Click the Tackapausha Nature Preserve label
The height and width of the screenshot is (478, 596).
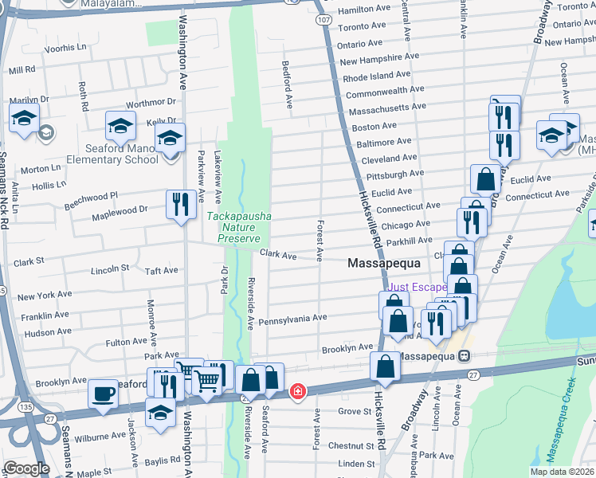[233, 227]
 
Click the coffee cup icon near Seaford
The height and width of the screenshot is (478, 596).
[103, 393]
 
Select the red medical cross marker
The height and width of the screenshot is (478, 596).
[297, 391]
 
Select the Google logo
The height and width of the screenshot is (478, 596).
[26, 468]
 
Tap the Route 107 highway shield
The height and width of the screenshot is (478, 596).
[323, 18]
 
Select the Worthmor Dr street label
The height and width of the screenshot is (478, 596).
[151, 102]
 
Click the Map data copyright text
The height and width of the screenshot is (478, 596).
[559, 472]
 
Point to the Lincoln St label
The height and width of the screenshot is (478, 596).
[110, 270]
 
